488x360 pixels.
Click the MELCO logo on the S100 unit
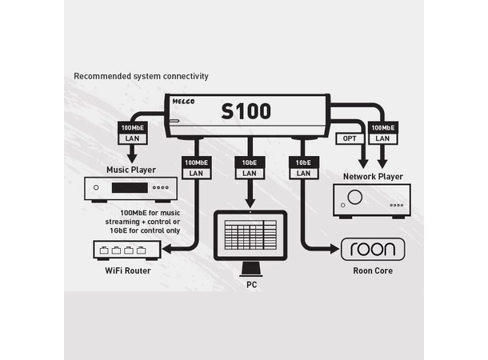[185, 102]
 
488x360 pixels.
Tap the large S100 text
[246, 111]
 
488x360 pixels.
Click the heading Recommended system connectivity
[141, 76]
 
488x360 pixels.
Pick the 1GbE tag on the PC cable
[250, 162]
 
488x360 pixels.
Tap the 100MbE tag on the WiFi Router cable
[197, 162]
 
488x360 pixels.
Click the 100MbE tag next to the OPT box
[382, 127]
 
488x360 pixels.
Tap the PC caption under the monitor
[250, 284]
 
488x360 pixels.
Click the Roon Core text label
[373, 271]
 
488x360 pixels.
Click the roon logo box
[373, 249]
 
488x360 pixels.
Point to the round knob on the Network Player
[354, 198]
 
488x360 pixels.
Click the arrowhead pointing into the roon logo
[336, 249]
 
